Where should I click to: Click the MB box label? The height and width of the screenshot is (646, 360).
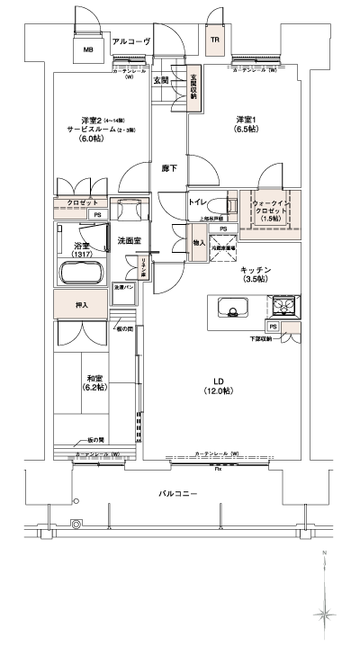click(x=87, y=50)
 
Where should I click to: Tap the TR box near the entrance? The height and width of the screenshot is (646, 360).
click(x=215, y=40)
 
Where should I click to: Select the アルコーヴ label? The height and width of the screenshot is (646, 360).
click(x=131, y=41)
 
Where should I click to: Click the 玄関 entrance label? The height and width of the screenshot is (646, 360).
click(x=160, y=81)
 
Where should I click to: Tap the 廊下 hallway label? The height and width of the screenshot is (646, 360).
click(x=168, y=168)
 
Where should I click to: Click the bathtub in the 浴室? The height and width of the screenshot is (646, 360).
click(x=81, y=274)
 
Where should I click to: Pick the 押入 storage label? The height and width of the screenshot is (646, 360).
click(x=80, y=305)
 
